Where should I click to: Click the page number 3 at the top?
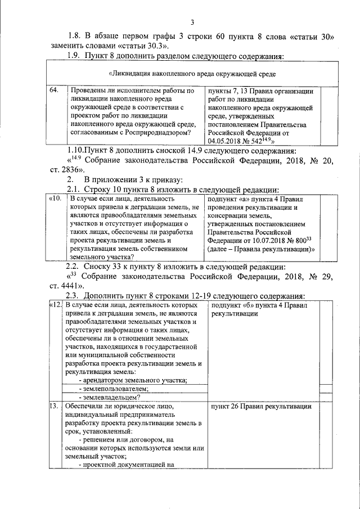(x=192, y=22)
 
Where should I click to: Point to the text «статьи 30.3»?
(x=142, y=46)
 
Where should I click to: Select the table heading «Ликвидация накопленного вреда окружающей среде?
(x=191, y=74)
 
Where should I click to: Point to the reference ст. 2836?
(x=66, y=169)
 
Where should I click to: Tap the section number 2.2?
(x=74, y=266)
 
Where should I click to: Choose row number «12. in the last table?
(x=55, y=305)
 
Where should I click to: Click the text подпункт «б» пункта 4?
(x=247, y=305)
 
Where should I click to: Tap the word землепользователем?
(x=115, y=389)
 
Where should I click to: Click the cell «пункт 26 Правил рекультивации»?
(x=260, y=406)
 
